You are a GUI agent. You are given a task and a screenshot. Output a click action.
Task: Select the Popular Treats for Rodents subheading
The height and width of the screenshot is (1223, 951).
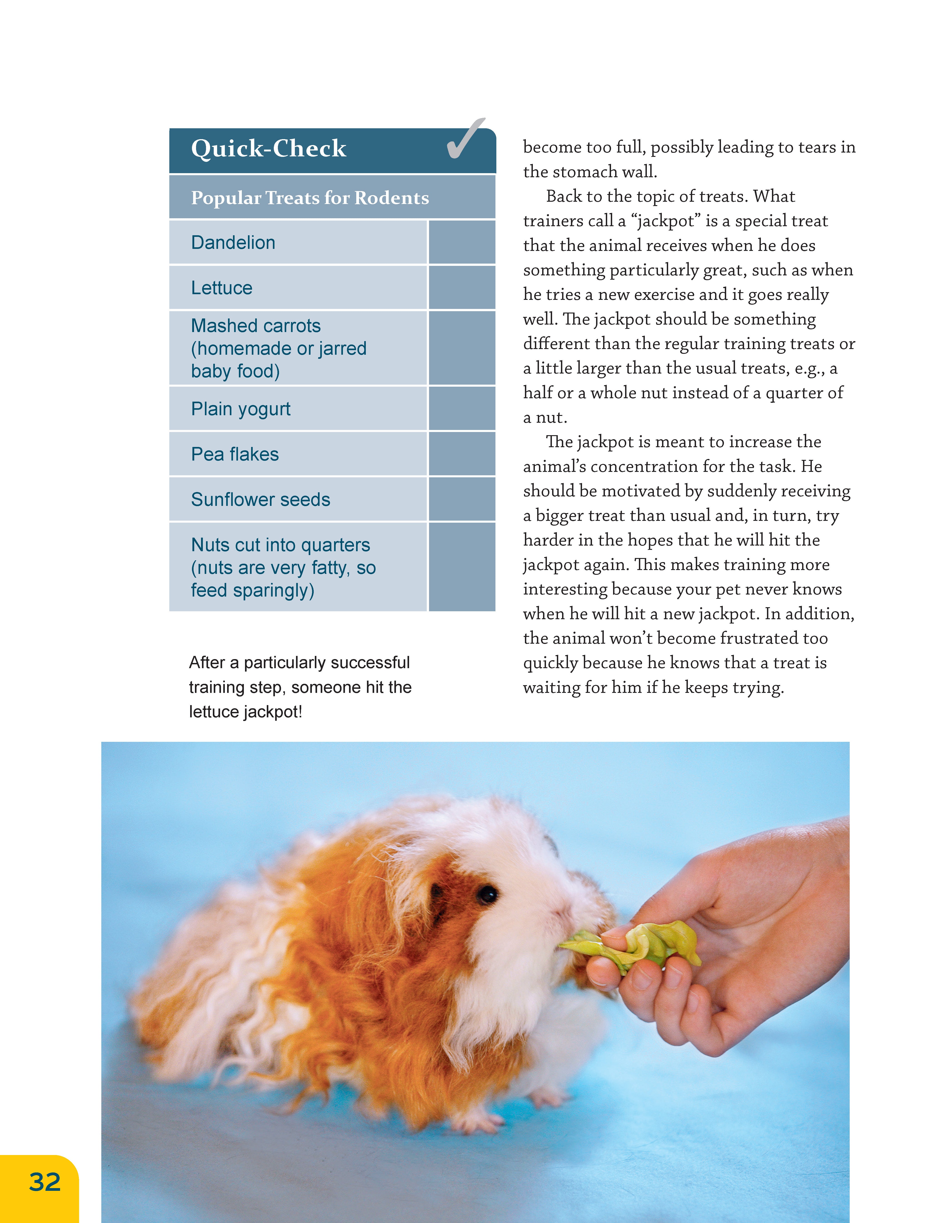tap(310, 198)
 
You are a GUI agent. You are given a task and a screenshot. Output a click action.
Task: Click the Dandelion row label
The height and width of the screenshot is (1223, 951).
tap(233, 243)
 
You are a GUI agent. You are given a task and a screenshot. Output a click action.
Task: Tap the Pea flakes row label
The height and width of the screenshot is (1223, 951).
tap(235, 454)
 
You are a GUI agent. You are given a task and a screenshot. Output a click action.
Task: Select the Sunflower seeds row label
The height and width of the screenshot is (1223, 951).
tap(260, 500)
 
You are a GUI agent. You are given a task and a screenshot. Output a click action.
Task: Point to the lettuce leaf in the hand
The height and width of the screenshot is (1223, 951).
tap(644, 946)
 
